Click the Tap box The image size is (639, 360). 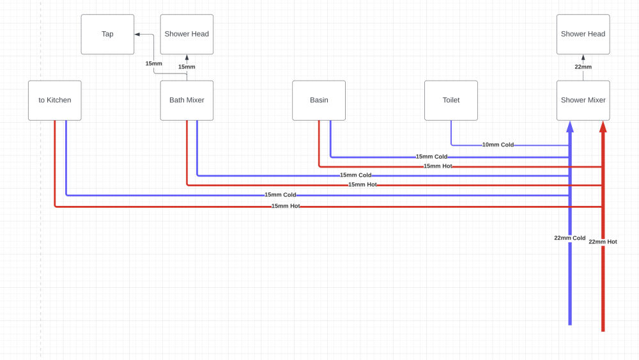(x=107, y=35)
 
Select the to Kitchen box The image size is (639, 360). (x=54, y=100)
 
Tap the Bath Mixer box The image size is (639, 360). (x=187, y=100)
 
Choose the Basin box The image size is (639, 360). (x=319, y=100)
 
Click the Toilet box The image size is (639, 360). (x=451, y=100)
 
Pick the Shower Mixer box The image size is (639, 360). (x=583, y=100)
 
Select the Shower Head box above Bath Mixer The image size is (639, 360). (x=187, y=35)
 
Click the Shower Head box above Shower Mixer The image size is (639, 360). (x=583, y=35)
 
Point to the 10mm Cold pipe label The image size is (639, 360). (x=498, y=145)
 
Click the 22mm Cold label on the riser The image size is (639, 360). (x=570, y=238)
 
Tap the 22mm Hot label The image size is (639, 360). (x=603, y=242)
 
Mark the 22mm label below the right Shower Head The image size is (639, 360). (x=583, y=67)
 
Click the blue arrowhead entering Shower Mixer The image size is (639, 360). (x=570, y=127)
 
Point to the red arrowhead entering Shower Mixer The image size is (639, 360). (x=603, y=127)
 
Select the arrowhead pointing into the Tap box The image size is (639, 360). (x=137, y=35)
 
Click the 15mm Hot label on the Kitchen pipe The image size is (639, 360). (x=286, y=207)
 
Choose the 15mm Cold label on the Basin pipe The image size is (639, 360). (x=431, y=157)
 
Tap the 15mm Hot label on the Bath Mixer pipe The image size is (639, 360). (x=362, y=185)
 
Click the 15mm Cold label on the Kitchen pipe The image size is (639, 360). (x=281, y=195)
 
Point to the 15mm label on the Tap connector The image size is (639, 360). (x=153, y=63)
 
